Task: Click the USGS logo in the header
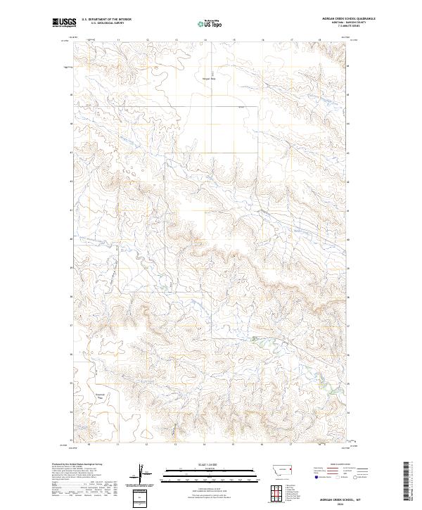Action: click(64, 23)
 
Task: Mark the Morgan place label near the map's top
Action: click(208, 78)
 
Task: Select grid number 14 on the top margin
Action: click(204, 40)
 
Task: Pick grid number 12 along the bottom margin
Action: click(146, 445)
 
